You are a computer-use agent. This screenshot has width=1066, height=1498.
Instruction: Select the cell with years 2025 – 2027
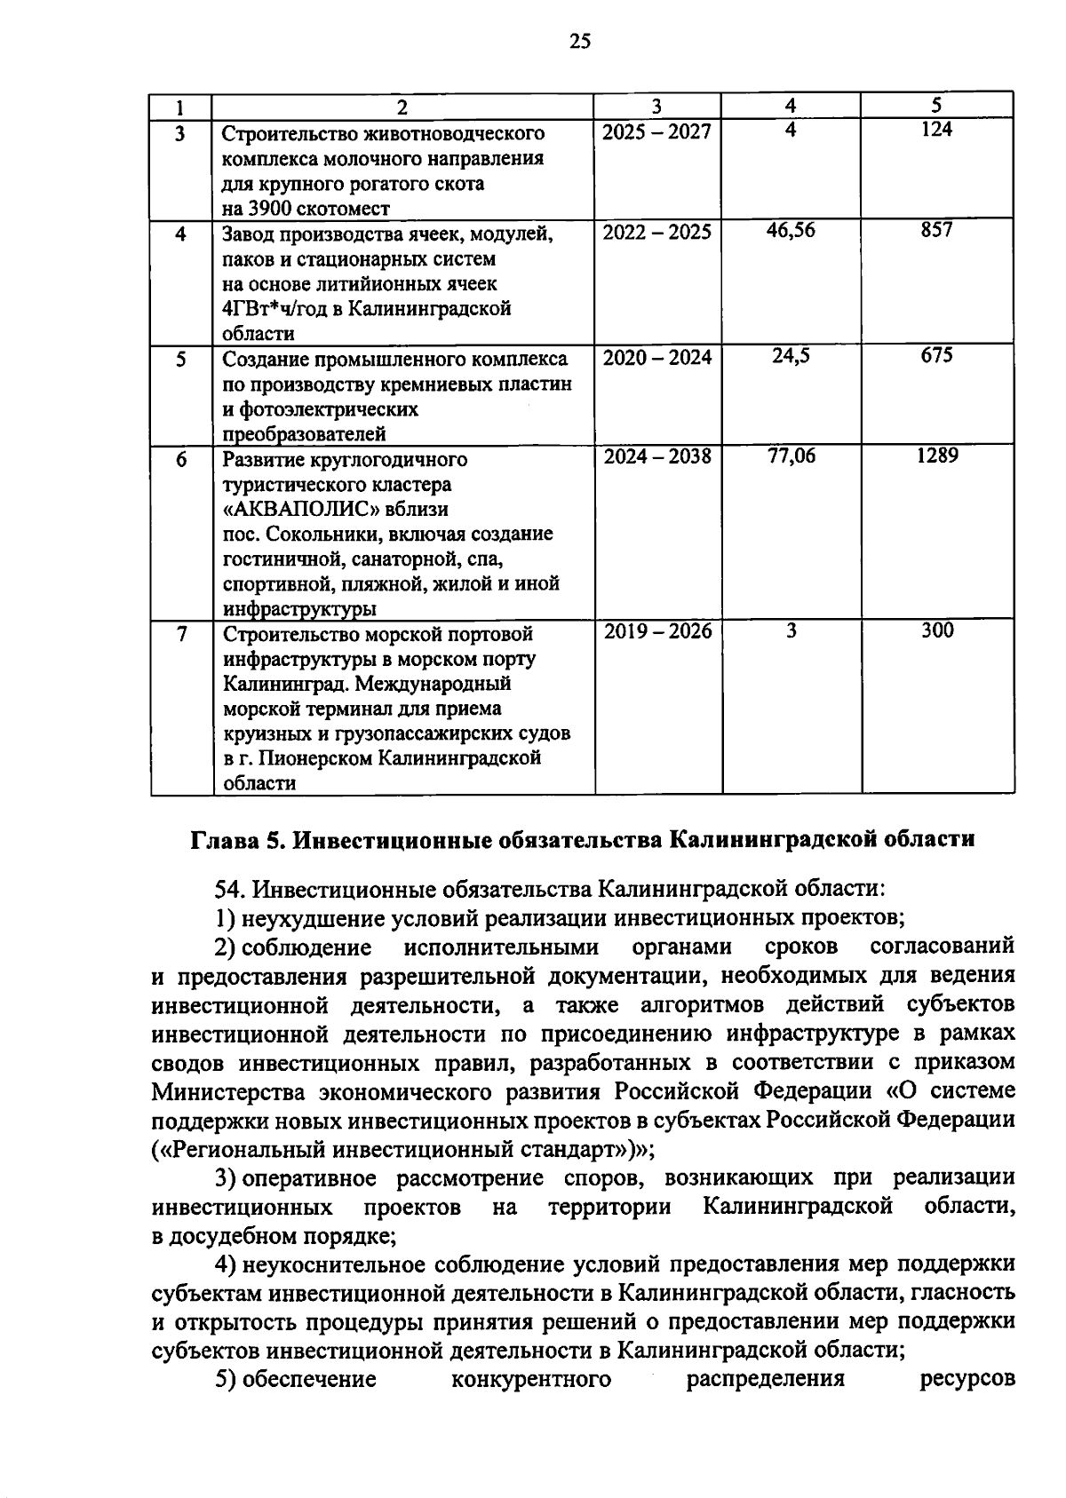pyautogui.click(x=656, y=132)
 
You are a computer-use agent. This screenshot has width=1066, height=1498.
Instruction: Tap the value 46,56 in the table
pyautogui.click(x=791, y=231)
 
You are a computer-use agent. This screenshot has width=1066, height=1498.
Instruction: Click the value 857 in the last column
pyautogui.click(x=936, y=230)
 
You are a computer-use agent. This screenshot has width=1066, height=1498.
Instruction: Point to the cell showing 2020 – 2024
pyautogui.click(x=657, y=358)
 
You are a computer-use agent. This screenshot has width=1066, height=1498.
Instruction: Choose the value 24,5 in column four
pyautogui.click(x=791, y=356)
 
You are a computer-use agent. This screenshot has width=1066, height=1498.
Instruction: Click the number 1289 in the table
pyautogui.click(x=937, y=456)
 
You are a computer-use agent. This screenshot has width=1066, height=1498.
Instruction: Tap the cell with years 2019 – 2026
pyautogui.click(x=657, y=631)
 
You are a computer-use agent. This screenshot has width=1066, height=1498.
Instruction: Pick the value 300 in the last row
pyautogui.click(x=937, y=630)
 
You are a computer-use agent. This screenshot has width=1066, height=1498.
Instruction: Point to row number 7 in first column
pyautogui.click(x=182, y=634)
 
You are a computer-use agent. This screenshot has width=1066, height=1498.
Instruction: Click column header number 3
pyautogui.click(x=656, y=107)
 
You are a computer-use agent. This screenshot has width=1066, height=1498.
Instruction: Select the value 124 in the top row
pyautogui.click(x=936, y=130)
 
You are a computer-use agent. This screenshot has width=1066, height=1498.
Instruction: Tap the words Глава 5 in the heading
pyautogui.click(x=233, y=840)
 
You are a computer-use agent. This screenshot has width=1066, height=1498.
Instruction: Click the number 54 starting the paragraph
pyautogui.click(x=227, y=889)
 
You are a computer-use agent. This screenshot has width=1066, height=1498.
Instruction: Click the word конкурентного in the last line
pyautogui.click(x=531, y=1379)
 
